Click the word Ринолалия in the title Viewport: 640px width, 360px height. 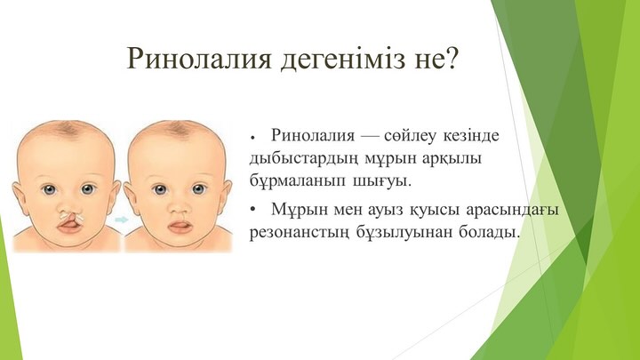199,58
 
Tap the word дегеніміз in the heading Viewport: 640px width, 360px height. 343,58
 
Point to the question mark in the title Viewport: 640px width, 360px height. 450,56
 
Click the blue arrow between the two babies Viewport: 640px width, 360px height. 122,220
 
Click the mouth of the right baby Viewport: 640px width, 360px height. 180,227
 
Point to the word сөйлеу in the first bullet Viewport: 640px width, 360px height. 410,135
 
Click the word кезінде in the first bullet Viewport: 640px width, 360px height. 471,135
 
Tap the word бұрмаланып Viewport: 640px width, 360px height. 297,180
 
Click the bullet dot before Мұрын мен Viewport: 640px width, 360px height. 254,210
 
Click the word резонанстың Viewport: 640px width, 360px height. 300,233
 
